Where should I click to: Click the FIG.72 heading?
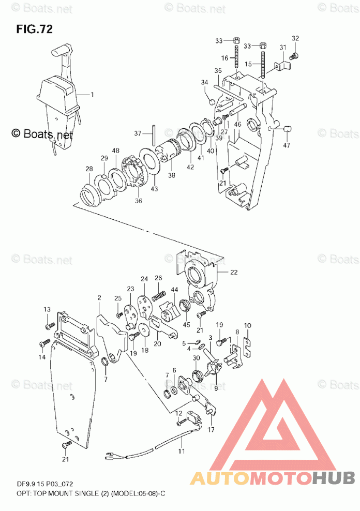[x=34, y=29]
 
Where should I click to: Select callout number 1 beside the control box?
[x=92, y=95]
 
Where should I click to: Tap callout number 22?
[x=234, y=273]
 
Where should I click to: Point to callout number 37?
[x=137, y=133]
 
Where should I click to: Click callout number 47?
[x=287, y=145]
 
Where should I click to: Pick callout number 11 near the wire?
[x=181, y=452]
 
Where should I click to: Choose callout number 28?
[x=89, y=169]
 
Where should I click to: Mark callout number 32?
[x=295, y=38]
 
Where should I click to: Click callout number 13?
[x=47, y=309]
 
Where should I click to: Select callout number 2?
[x=98, y=297]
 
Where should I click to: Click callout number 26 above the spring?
[x=158, y=278]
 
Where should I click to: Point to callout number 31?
[x=283, y=48]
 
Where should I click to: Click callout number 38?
[x=172, y=175]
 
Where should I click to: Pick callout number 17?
[x=211, y=429]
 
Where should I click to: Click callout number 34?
[x=204, y=82]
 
